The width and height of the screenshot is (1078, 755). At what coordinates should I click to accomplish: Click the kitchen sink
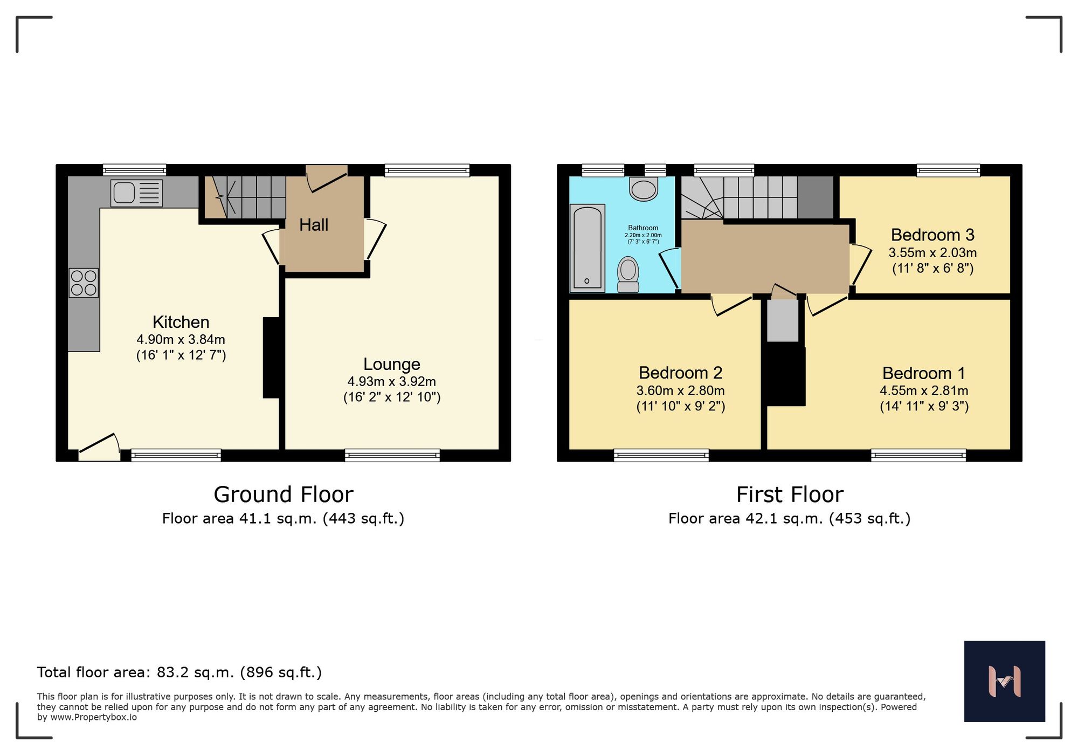pyautogui.click(x=136, y=193)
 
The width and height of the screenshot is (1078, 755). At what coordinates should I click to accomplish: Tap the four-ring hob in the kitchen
pyautogui.click(x=84, y=283)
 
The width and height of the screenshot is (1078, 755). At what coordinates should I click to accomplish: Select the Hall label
pyautogui.click(x=314, y=225)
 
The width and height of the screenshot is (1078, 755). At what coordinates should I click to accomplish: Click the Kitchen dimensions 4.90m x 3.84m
pyautogui.click(x=181, y=340)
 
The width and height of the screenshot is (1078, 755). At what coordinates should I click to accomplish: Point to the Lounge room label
pyautogui.click(x=391, y=365)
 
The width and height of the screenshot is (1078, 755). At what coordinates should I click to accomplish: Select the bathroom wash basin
pyautogui.click(x=644, y=190)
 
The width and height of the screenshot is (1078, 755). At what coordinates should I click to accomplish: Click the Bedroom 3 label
pyautogui.click(x=932, y=235)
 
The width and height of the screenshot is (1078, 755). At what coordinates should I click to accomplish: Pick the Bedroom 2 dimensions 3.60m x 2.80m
pyautogui.click(x=680, y=391)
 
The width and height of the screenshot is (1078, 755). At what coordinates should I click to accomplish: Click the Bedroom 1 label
pyautogui.click(x=923, y=373)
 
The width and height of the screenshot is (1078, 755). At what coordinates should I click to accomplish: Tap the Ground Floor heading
pyautogui.click(x=284, y=495)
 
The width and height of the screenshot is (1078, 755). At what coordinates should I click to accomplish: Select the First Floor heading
pyautogui.click(x=790, y=495)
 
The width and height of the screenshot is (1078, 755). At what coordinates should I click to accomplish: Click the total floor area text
pyautogui.click(x=179, y=672)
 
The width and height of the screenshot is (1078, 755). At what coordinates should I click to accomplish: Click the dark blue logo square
pyautogui.click(x=1004, y=681)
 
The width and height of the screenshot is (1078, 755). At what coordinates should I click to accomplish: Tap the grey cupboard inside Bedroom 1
pyautogui.click(x=782, y=321)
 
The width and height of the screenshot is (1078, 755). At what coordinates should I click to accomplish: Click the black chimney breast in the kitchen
pyautogui.click(x=271, y=358)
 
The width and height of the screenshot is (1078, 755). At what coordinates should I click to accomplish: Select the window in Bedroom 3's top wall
pyautogui.click(x=948, y=170)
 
